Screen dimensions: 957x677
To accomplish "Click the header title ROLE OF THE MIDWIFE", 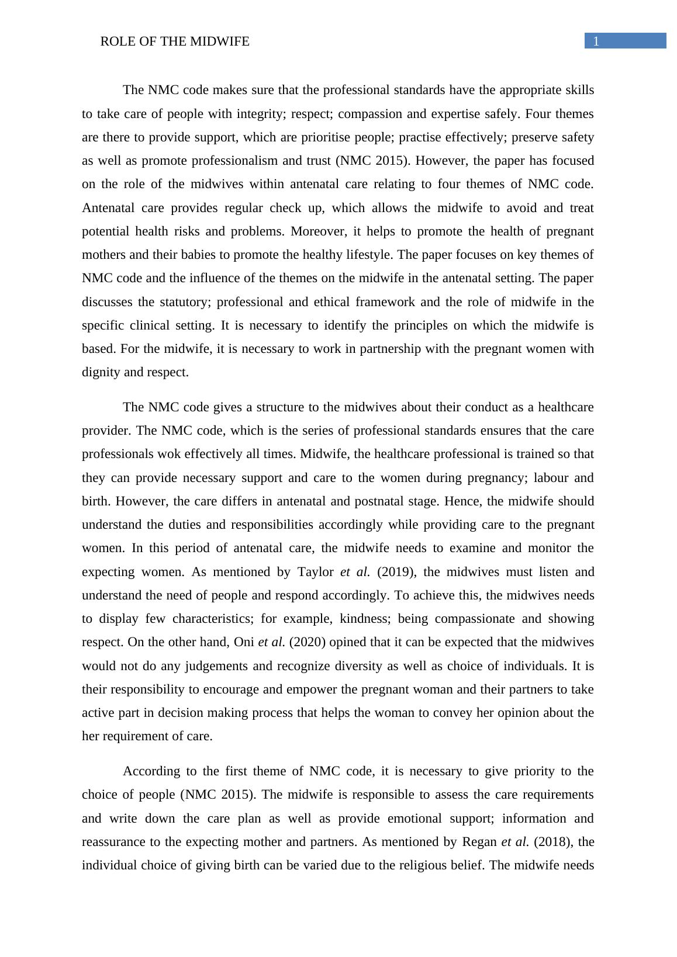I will click(175, 41).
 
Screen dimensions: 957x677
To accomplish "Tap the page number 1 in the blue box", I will click(596, 41).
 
